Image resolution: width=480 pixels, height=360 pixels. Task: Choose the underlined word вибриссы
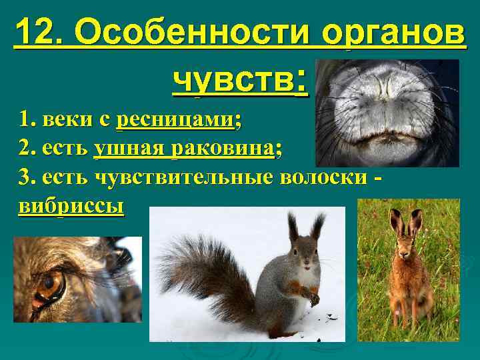[x=71, y=206]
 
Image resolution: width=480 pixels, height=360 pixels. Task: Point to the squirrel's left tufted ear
[x=293, y=226]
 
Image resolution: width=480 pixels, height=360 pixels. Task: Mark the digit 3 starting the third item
[x=25, y=178]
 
